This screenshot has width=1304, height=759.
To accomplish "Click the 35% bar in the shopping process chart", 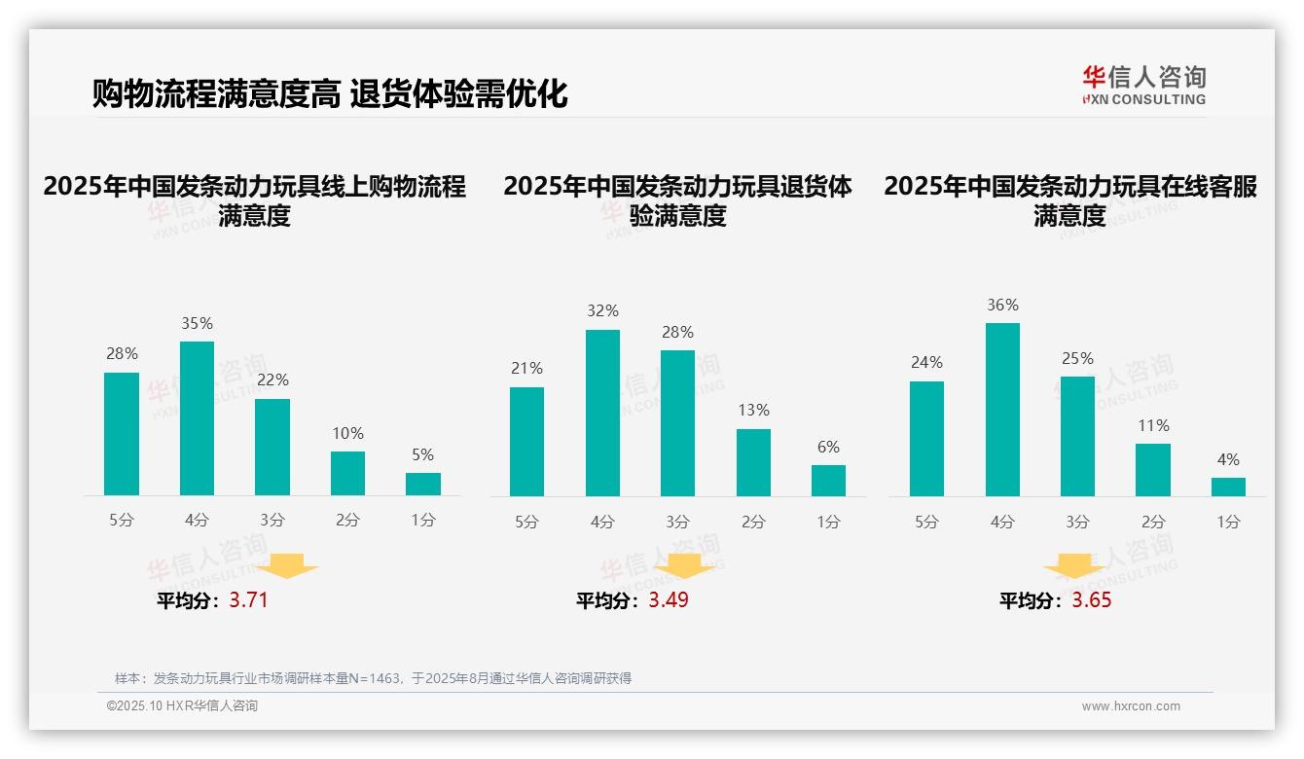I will click(197, 418).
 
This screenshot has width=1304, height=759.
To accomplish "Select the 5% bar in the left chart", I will click(422, 484).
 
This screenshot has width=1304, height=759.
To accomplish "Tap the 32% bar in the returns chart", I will click(602, 413).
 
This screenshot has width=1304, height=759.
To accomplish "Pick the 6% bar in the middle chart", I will click(828, 481).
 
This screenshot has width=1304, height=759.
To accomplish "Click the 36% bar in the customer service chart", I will click(1002, 410).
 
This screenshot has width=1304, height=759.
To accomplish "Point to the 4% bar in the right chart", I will click(1228, 487).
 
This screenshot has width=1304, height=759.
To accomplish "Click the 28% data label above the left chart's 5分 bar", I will click(122, 354).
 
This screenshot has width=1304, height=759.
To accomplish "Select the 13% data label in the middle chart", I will click(753, 411).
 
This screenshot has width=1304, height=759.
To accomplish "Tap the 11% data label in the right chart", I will click(1153, 425).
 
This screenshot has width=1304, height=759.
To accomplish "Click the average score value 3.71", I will click(248, 600).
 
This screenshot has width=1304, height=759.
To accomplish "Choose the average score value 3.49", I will click(669, 600).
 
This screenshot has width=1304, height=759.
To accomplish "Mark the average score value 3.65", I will click(1091, 600).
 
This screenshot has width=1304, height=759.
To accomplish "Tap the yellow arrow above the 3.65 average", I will click(1074, 565).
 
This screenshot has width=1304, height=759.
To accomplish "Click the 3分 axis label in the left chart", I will click(272, 521).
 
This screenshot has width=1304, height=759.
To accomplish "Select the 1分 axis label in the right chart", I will click(1228, 523).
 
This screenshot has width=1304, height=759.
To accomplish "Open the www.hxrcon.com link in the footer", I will click(1130, 706).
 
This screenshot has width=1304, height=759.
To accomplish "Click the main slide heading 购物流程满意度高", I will click(216, 94).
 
